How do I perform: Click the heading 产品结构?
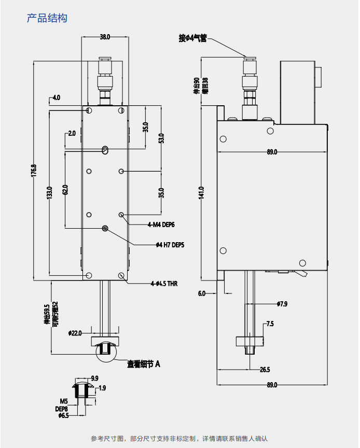[x=47, y=18]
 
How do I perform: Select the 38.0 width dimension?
[x=105, y=37]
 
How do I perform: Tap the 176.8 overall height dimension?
[x=34, y=172]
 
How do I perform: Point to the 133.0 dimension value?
[x=50, y=192]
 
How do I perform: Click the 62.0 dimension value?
[x=65, y=190]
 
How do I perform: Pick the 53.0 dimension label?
[x=161, y=138]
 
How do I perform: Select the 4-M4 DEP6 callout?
[x=161, y=225]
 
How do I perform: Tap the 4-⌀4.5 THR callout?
[x=164, y=284]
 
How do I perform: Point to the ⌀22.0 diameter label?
[x=75, y=333]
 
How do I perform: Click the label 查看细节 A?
[x=144, y=364]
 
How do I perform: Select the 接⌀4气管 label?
[x=192, y=38]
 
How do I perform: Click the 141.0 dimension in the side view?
[x=201, y=192]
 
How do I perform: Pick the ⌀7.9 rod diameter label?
[x=282, y=304]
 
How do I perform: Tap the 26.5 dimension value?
[x=265, y=370]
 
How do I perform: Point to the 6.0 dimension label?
[x=202, y=293]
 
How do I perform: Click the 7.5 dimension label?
[x=270, y=324]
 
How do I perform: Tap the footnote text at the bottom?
[x=179, y=439]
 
